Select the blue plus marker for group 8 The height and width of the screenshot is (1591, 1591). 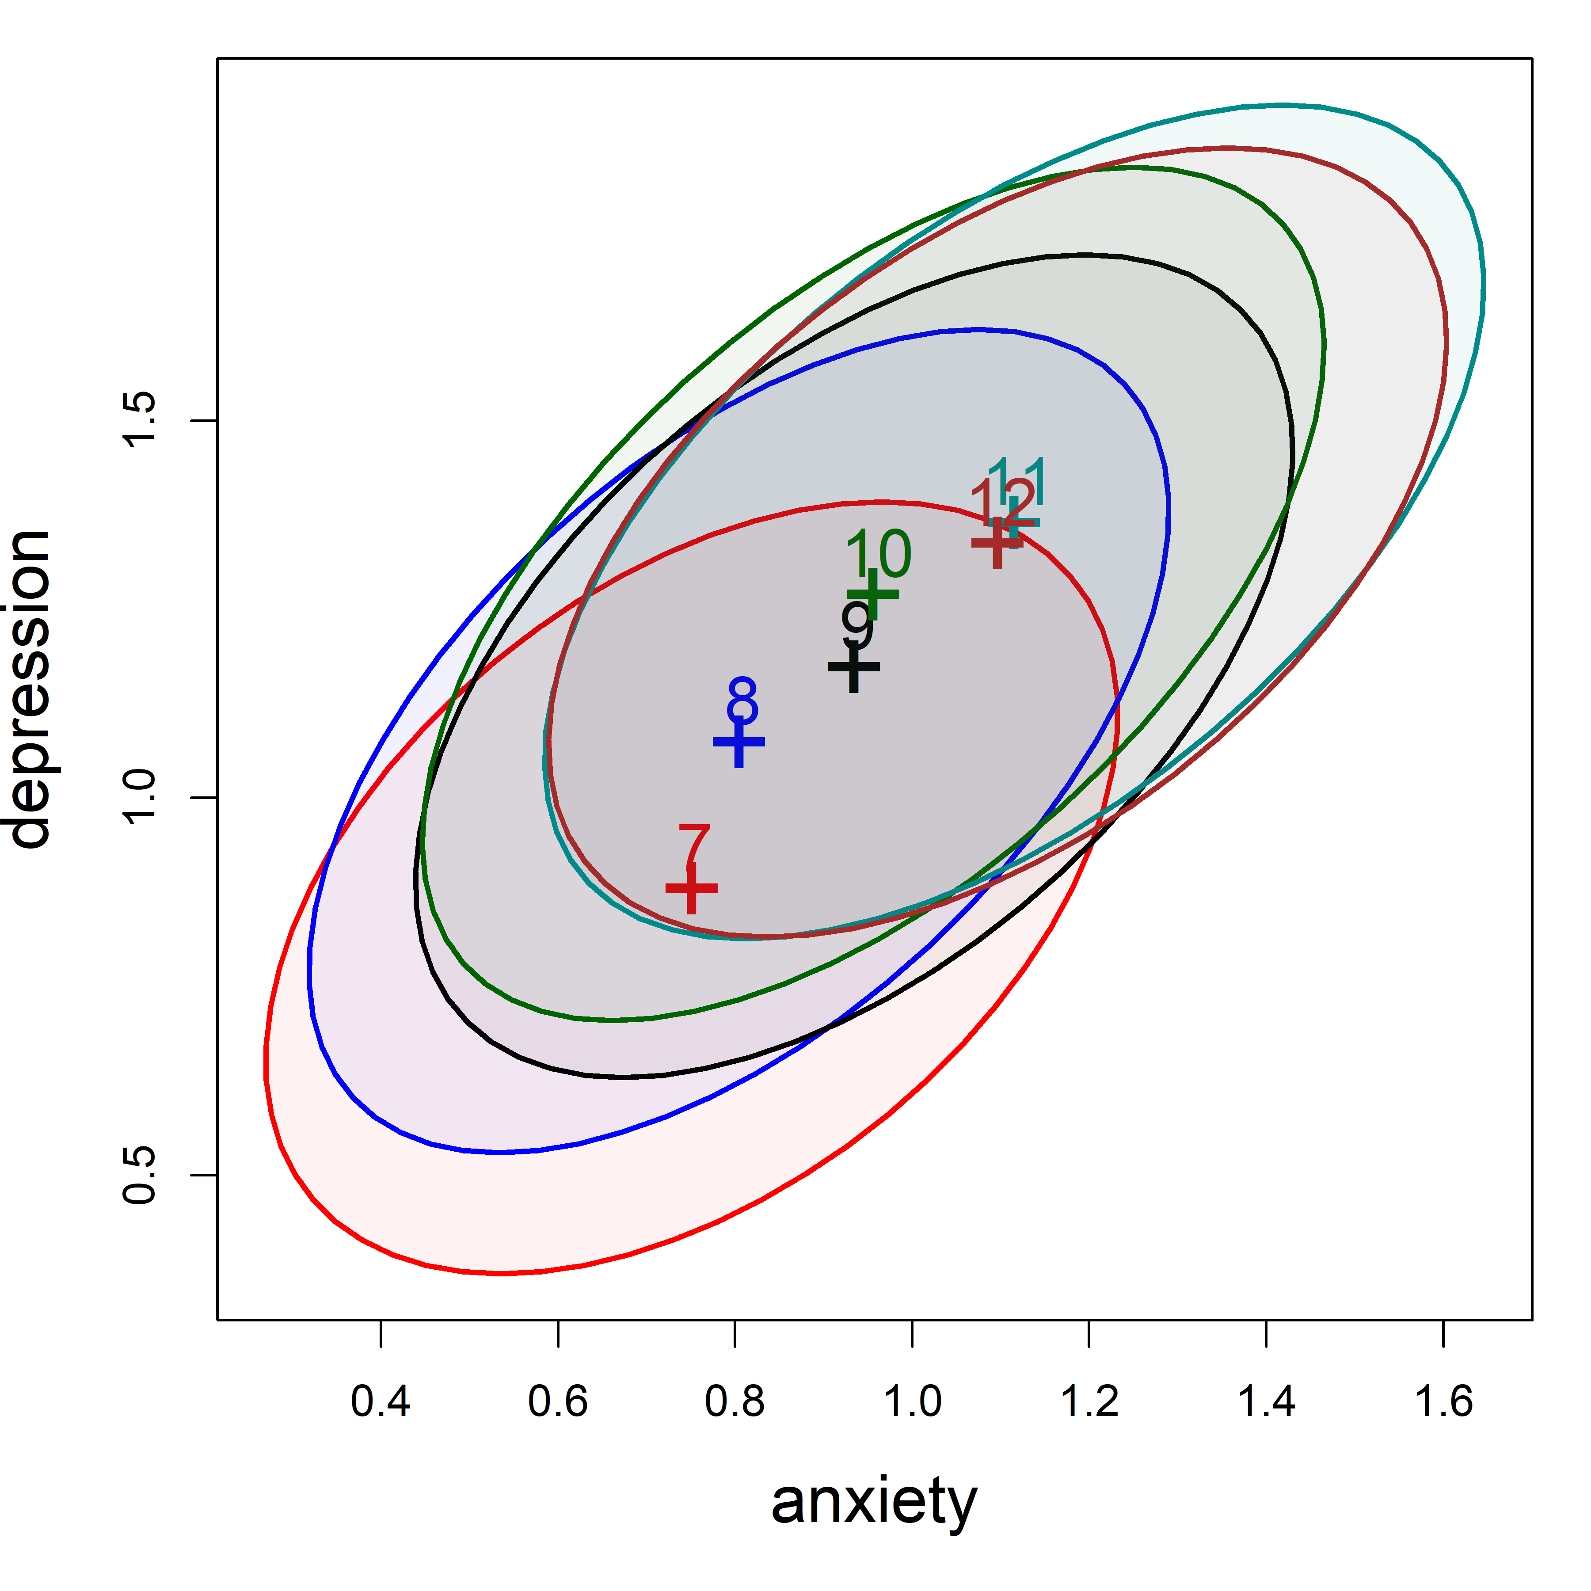click(738, 742)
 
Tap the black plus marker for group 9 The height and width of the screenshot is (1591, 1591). click(853, 667)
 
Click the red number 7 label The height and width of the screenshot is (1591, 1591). click(694, 848)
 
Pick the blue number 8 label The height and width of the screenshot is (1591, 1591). click(742, 702)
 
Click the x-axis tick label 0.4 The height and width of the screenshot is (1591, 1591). click(381, 1401)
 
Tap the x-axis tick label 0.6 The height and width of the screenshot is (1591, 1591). click(557, 1401)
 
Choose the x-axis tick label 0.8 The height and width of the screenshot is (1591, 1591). click(735, 1401)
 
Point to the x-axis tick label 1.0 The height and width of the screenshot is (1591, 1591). click(912, 1401)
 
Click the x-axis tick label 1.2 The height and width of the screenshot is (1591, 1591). click(1089, 1401)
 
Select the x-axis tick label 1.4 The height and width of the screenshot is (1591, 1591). click(1266, 1401)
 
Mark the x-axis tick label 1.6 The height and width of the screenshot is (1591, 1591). click(1443, 1401)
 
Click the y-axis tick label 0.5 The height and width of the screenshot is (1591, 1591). click(138, 1174)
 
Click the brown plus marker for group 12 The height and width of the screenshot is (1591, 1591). click(997, 543)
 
